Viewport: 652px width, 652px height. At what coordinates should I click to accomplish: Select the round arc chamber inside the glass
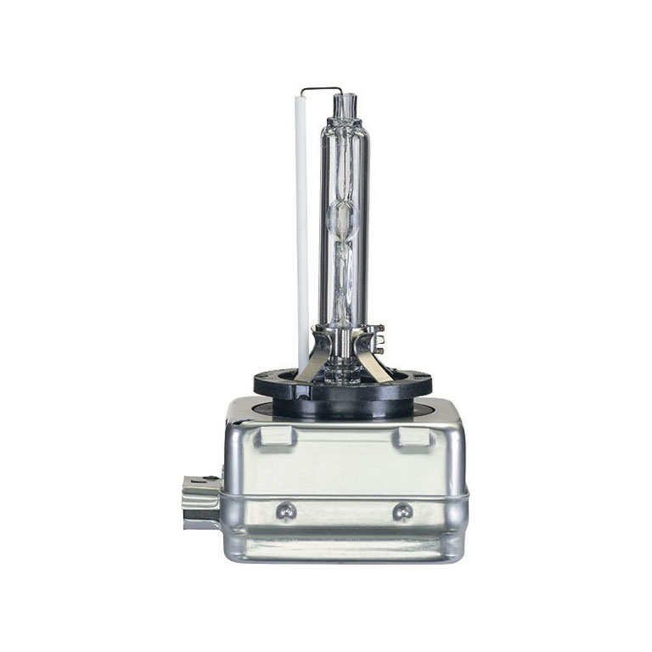click(x=343, y=216)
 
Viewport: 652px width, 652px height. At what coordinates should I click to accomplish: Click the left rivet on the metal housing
click(x=287, y=510)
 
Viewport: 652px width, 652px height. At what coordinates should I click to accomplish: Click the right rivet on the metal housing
click(x=402, y=510)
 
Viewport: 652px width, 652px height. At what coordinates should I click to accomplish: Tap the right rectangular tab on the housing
click(x=411, y=436)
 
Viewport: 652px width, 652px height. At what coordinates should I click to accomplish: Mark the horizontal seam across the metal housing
click(x=343, y=495)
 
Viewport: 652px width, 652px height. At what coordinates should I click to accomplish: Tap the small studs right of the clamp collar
click(x=379, y=343)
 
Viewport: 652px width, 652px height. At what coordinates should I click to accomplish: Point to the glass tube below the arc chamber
click(x=343, y=280)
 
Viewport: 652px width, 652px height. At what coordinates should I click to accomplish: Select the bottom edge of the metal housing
click(x=343, y=559)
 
